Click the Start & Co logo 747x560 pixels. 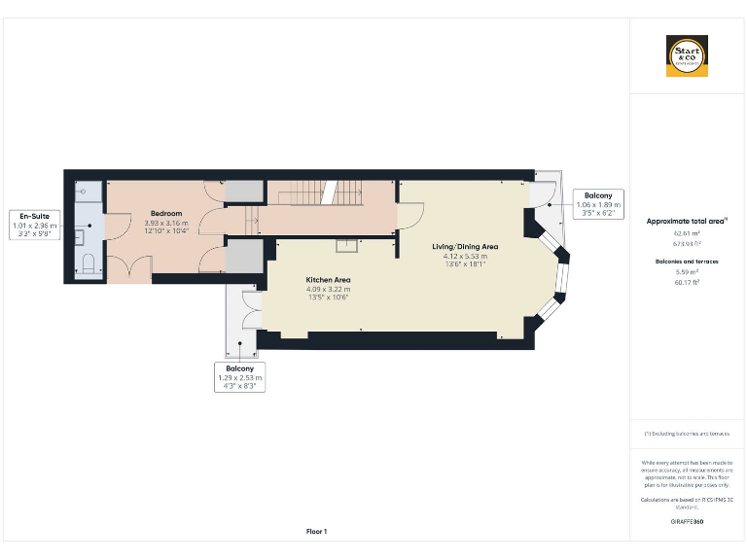(687, 56)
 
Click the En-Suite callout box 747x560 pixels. (34, 225)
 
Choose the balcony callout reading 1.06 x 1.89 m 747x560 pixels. (597, 204)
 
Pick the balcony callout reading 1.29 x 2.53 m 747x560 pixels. (238, 377)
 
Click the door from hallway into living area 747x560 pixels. (409, 217)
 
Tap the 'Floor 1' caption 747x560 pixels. (317, 531)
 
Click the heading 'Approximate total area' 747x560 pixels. (687, 222)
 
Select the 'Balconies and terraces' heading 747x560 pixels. (687, 262)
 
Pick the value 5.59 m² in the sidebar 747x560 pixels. (687, 272)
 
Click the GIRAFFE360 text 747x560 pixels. (687, 522)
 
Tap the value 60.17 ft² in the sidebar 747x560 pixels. (687, 282)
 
